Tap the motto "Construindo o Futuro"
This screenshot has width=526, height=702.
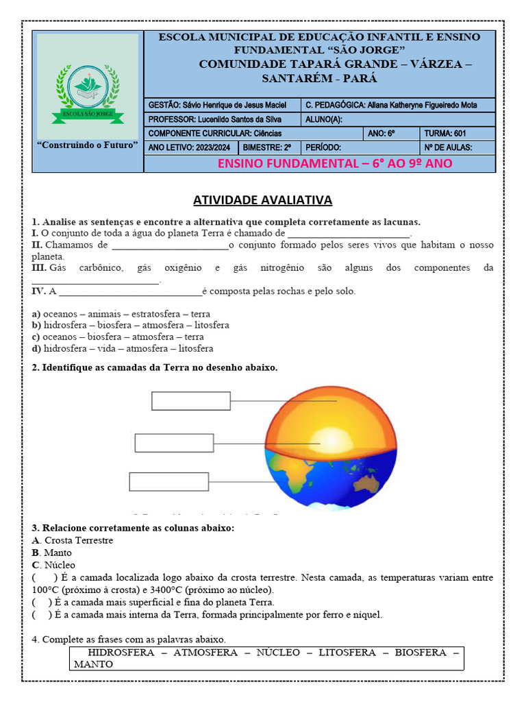87,145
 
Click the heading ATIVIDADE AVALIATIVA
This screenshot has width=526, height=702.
262,199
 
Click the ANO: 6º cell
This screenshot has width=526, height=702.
392,133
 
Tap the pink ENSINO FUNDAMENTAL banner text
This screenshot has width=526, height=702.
334,163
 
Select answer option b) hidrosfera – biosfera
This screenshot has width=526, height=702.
130,325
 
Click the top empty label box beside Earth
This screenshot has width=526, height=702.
191,400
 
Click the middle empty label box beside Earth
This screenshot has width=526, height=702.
175,443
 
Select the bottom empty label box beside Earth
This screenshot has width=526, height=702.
168,482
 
